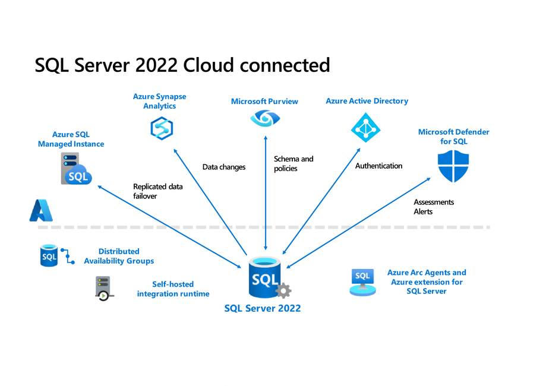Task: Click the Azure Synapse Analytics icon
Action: pyautogui.click(x=161, y=128)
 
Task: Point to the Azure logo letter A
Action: pyautogui.click(x=42, y=211)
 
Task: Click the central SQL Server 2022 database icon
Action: pyautogui.click(x=263, y=278)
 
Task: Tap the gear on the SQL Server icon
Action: pyautogui.click(x=283, y=290)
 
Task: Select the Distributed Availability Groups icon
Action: pyautogui.click(x=56, y=256)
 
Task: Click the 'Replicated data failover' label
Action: pyautogui.click(x=157, y=191)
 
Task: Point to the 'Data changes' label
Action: pyautogui.click(x=223, y=167)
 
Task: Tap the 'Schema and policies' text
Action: pyautogui.click(x=293, y=164)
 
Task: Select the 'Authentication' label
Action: pyautogui.click(x=378, y=166)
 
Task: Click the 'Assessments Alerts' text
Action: pyautogui.click(x=433, y=207)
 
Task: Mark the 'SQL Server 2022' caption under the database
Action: pyautogui.click(x=262, y=308)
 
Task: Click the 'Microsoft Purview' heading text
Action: pyautogui.click(x=264, y=102)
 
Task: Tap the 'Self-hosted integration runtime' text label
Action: pyautogui.click(x=173, y=289)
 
